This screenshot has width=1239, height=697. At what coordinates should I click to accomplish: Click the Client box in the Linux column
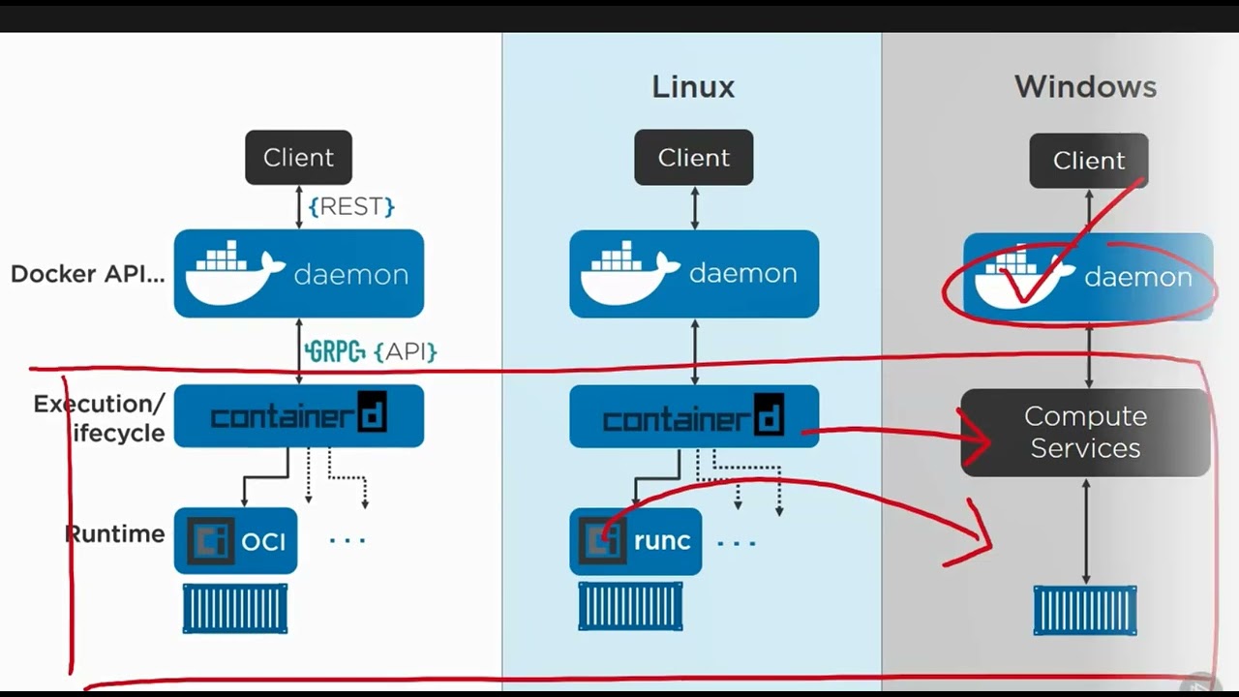tap(693, 158)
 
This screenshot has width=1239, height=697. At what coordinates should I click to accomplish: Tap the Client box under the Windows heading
tap(1088, 161)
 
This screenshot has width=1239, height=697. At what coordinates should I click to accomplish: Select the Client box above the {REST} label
tap(298, 158)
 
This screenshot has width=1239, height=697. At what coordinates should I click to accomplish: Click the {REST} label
tap(351, 206)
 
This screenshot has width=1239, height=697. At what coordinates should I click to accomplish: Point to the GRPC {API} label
tap(371, 351)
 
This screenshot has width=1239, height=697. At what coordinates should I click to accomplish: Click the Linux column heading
tap(693, 87)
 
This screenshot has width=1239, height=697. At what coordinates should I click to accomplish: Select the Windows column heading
tap(1085, 87)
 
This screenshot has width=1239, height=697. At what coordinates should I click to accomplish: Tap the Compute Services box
tap(1085, 432)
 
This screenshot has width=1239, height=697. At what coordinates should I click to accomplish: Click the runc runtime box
tap(635, 541)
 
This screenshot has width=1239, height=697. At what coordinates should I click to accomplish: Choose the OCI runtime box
tap(235, 541)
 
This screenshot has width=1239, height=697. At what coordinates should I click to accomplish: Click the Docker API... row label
tap(87, 274)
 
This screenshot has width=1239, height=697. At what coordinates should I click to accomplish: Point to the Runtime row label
tap(114, 534)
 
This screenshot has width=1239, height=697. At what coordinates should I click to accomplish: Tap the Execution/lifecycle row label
tap(100, 418)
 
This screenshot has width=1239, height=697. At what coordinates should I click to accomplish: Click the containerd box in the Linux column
tap(693, 417)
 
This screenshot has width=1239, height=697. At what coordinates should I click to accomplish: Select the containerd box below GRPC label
tap(298, 416)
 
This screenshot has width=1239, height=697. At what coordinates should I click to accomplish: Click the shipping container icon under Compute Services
tap(1085, 610)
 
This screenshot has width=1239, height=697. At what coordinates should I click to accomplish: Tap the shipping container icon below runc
tap(630, 607)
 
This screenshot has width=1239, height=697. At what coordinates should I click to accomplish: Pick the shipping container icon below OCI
tap(235, 608)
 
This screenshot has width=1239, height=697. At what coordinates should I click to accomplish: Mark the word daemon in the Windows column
tap(1137, 278)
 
